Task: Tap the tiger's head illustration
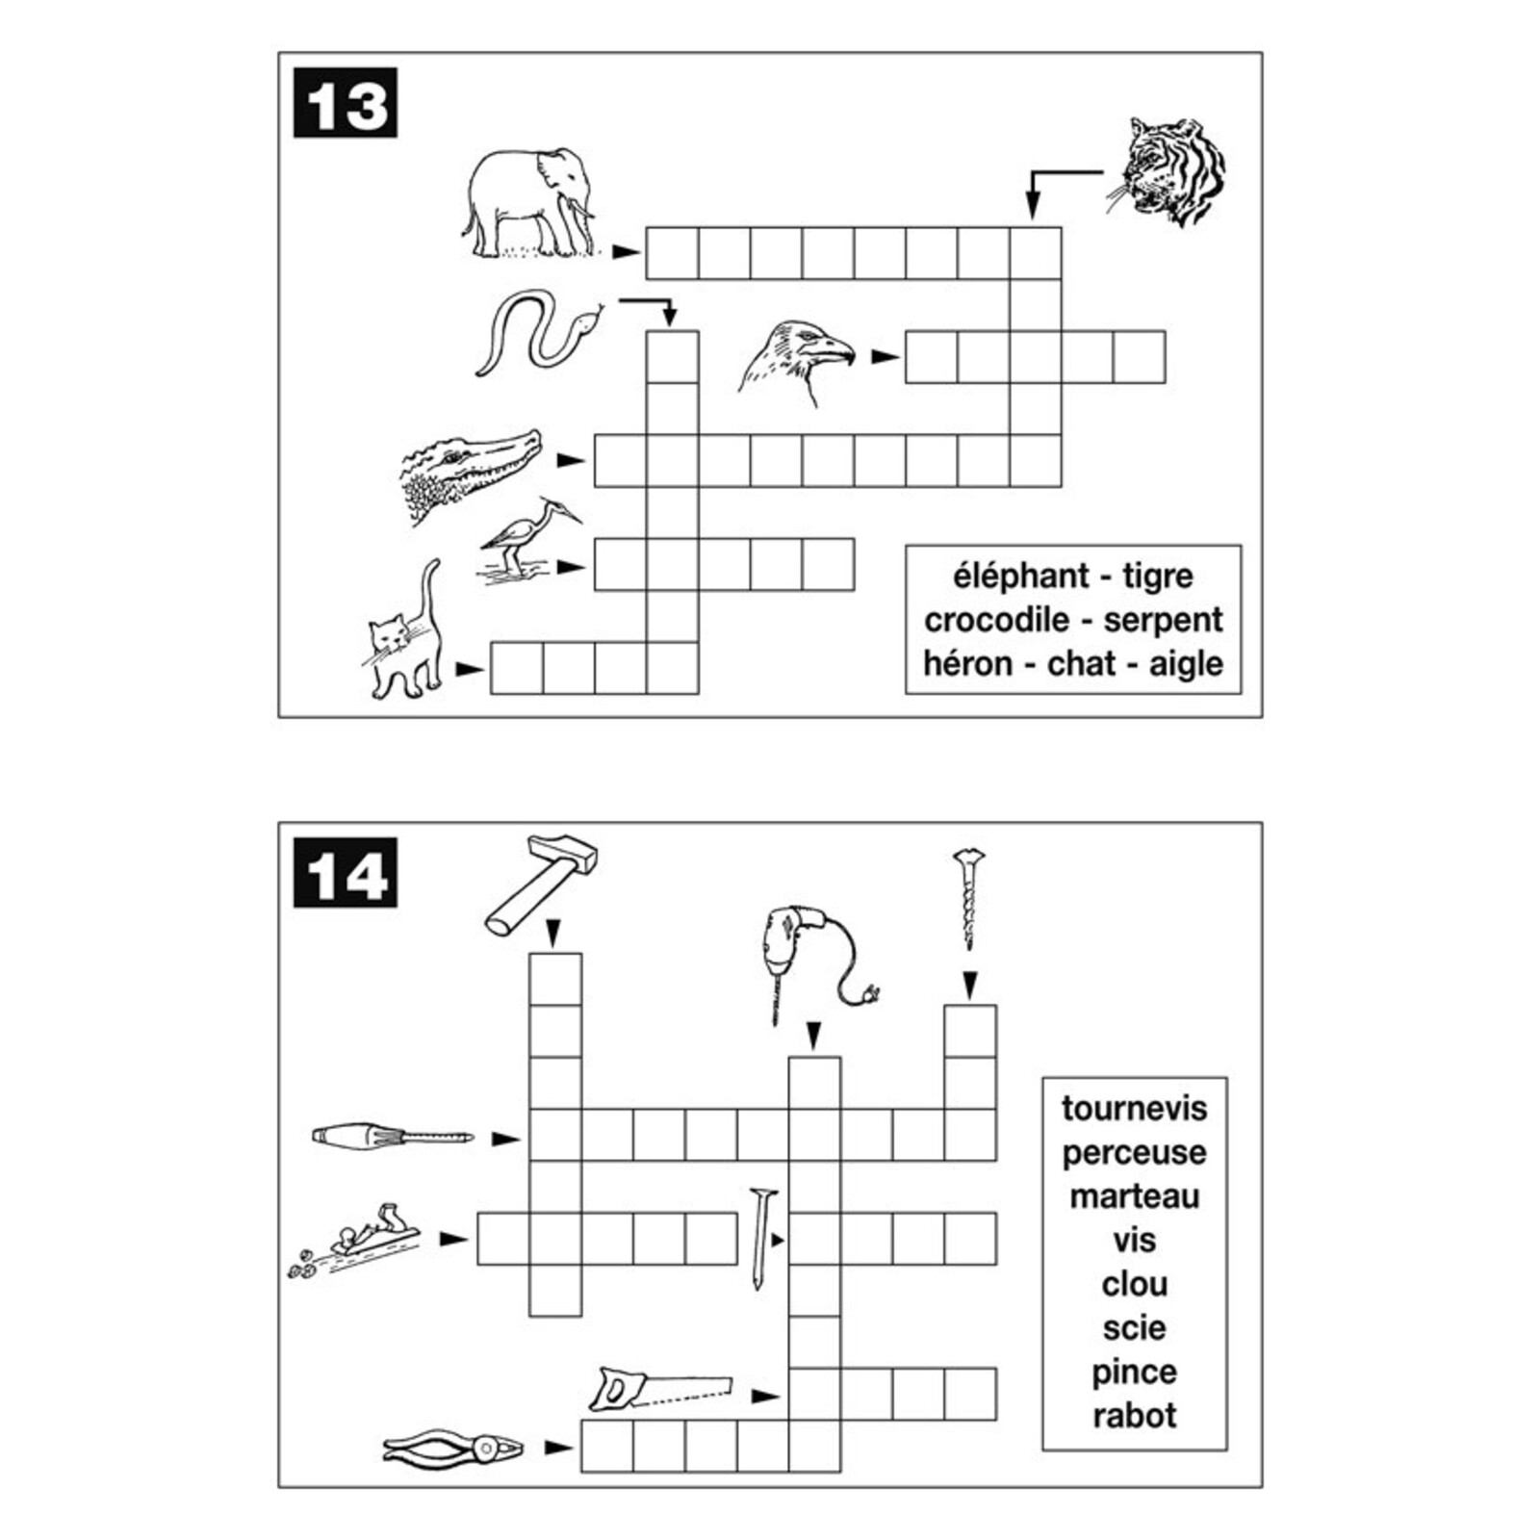pos(1167,171)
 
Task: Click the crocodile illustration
pos(471,475)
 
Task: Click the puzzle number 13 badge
pos(346,103)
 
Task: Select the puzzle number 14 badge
pos(346,873)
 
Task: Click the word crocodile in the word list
pos(996,620)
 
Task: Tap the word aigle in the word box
pos(1186,664)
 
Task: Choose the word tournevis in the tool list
pos(1134,1108)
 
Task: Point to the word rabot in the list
pos(1134,1415)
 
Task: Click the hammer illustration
pos(540,885)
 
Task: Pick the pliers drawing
pos(452,1447)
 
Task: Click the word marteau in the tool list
pos(1134,1196)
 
